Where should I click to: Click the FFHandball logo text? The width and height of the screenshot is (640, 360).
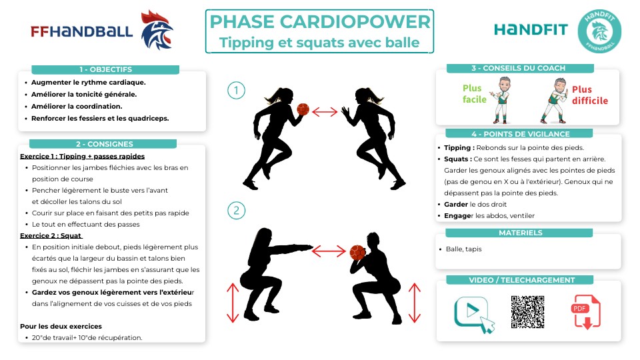click(x=81, y=31)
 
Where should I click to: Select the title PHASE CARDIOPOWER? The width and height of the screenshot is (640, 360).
click(x=319, y=22)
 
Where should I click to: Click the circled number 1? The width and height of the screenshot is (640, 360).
click(x=235, y=90)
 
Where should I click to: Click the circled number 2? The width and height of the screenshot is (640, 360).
click(x=235, y=211)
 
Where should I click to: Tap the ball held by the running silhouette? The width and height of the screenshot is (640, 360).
click(x=303, y=110)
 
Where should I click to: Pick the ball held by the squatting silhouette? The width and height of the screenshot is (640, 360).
click(x=358, y=253)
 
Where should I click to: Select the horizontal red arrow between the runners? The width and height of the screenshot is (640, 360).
click(x=325, y=111)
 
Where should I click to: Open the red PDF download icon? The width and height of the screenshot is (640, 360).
click(x=586, y=312)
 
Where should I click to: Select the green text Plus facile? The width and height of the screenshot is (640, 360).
click(x=472, y=94)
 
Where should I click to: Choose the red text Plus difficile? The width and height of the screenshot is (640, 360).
click(x=589, y=95)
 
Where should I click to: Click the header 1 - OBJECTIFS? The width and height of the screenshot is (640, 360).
click(x=105, y=69)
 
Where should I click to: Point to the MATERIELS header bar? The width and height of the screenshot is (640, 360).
click(x=520, y=233)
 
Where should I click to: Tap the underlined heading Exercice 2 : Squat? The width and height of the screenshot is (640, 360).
click(x=51, y=236)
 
